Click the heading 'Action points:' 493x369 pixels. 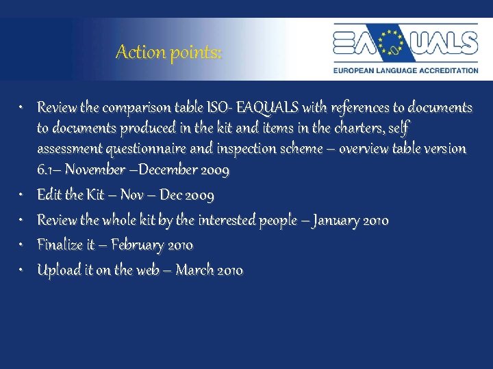pos(168,52)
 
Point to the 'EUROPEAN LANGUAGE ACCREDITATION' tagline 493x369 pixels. pos(405,70)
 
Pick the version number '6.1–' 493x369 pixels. pos(49,169)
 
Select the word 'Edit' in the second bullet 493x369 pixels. pos(48,195)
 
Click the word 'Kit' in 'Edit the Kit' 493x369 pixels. pos(96,195)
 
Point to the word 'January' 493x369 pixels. pos(336,220)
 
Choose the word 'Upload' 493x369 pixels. pos(57,270)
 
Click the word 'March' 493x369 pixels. pos(194,270)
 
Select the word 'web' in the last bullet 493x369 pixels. pos(148,270)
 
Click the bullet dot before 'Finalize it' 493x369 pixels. pos(23,245)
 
